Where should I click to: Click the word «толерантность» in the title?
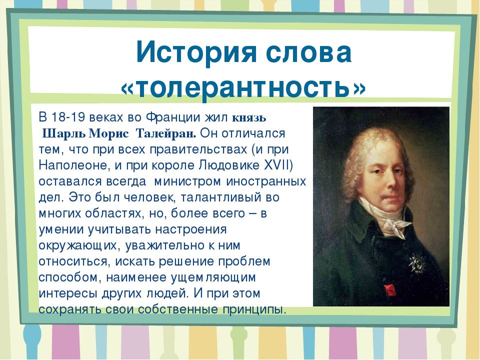click(x=243, y=88)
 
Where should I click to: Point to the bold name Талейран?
click(x=166, y=134)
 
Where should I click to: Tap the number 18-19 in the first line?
click(x=63, y=117)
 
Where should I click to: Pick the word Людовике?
click(x=229, y=165)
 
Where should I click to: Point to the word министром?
click(x=187, y=182)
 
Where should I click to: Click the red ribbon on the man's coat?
click(x=390, y=290)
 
